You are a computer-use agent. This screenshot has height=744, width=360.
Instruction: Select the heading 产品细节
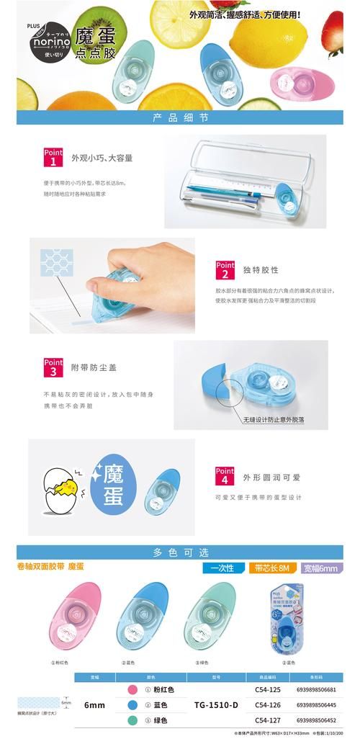[x=181, y=117]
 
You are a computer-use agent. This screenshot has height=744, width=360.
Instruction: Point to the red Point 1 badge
[x=54, y=157]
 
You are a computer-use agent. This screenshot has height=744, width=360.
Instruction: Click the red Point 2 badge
[x=225, y=269]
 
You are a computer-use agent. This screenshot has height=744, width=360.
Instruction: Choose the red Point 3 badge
[x=54, y=367]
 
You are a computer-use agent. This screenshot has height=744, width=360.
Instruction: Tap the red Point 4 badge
[x=225, y=475]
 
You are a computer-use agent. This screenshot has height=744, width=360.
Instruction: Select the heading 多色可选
[x=181, y=552]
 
